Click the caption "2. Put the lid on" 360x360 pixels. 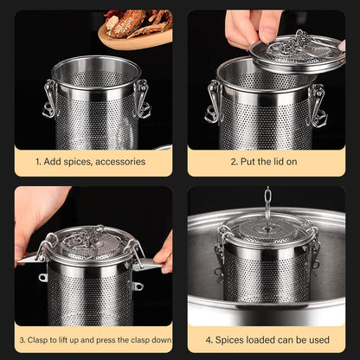tap(266, 161)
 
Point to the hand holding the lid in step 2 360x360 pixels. tap(251, 26)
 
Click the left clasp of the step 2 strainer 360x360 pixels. tap(214, 102)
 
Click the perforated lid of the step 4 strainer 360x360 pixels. tap(267, 230)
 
